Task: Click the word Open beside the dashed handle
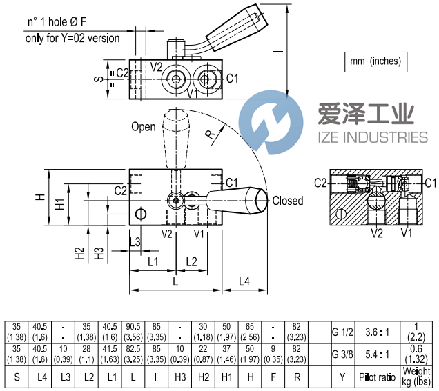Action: tap(144, 126)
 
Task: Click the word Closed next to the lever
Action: tap(287, 201)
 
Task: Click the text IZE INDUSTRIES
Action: tap(372, 137)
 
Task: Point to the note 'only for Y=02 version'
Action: tap(72, 38)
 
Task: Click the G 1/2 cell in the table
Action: tap(343, 332)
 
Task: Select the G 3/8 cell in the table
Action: tap(343, 354)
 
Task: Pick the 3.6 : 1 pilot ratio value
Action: tap(377, 332)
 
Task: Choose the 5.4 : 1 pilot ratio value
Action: tap(377, 354)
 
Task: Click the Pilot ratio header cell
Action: tap(377, 377)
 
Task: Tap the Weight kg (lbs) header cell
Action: tap(416, 377)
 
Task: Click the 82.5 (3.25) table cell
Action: tap(133, 354)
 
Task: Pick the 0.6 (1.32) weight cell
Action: tap(416, 354)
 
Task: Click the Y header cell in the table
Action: tap(343, 377)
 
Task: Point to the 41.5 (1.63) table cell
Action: tap(110, 354)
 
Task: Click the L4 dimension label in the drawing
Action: tap(245, 281)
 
